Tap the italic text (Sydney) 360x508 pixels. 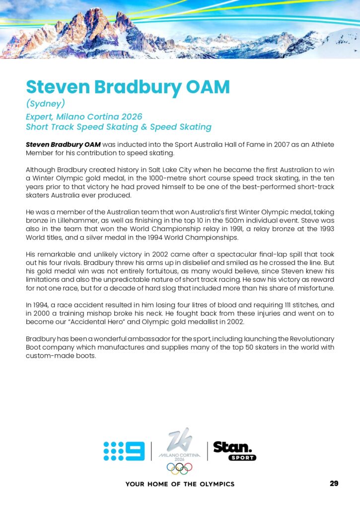pos(46,104)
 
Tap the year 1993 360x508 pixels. pos(324,228)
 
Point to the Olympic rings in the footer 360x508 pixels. pos(179,467)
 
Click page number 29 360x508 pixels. pos(334,484)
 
